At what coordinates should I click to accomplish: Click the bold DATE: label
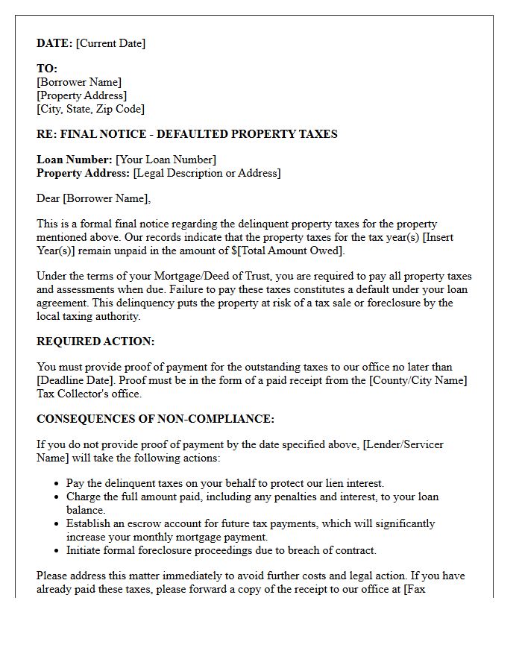tap(54, 43)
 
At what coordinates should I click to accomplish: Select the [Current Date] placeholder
tap(111, 43)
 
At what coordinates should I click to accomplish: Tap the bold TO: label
tap(47, 69)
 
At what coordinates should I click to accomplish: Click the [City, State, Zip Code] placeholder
tap(90, 109)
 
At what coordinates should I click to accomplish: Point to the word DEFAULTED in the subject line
tap(192, 134)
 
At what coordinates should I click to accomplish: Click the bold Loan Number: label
tap(75, 160)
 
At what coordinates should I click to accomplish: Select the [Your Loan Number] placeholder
tap(166, 160)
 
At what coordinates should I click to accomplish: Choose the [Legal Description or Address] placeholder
tap(207, 173)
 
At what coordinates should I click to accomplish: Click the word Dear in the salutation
tap(48, 198)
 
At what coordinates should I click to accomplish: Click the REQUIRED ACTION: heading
tap(95, 341)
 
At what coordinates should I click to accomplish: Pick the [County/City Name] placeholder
tap(416, 380)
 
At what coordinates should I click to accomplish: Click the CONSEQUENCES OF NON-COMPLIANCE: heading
tap(155, 419)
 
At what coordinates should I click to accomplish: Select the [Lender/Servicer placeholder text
tap(403, 444)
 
